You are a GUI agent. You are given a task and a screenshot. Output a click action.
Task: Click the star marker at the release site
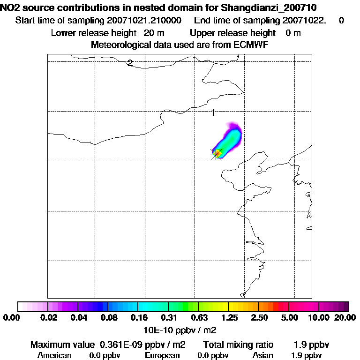pyautogui.click(x=216, y=153)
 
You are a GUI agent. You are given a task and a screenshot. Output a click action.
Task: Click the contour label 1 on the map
pyautogui.click(x=213, y=112)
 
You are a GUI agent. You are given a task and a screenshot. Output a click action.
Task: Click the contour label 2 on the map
pyautogui.click(x=130, y=63)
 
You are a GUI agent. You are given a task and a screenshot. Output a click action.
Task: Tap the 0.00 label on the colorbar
pyautogui.click(x=10, y=318)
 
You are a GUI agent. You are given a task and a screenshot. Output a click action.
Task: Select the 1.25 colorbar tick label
pyautogui.click(x=228, y=318)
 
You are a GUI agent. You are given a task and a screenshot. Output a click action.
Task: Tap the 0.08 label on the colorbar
pyautogui.click(x=108, y=318)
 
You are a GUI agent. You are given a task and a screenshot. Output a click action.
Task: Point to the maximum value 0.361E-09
pyautogui.click(x=119, y=345)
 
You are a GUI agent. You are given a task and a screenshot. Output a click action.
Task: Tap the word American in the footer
pyautogui.click(x=54, y=355)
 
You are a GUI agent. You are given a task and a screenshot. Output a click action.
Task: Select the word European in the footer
pyautogui.click(x=162, y=355)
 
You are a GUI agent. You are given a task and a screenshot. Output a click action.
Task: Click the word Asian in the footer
pyautogui.click(x=262, y=355)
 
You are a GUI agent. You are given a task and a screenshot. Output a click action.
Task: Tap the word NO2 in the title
pyautogui.click(x=10, y=7)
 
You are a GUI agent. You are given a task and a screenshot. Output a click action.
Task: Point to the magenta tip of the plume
pyautogui.click(x=233, y=126)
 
